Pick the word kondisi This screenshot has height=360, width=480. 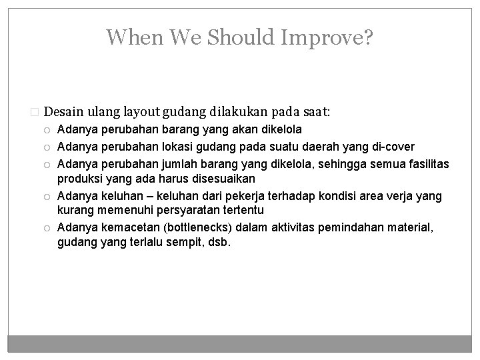click(x=321, y=196)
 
